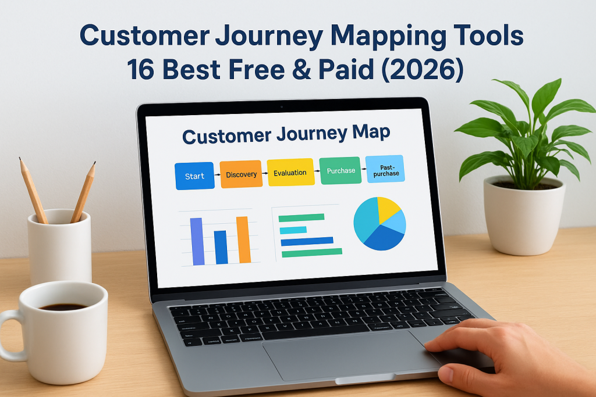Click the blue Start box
click(194, 176)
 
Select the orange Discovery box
click(241, 174)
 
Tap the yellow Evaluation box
click(290, 172)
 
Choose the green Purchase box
click(340, 170)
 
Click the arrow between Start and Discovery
click(217, 174)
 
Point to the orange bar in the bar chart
click(243, 239)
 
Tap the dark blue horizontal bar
click(307, 241)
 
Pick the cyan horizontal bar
click(293, 230)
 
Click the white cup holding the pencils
click(59, 247)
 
